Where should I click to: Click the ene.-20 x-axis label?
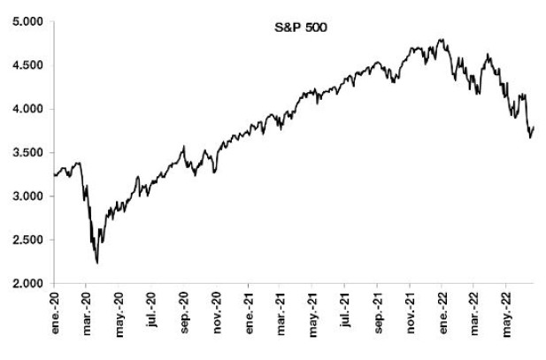[x=54, y=315]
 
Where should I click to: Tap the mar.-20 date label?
[x=87, y=315]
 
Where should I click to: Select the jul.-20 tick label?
[x=151, y=313]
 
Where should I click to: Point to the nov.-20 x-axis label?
[x=217, y=315]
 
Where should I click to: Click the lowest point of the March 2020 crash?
[x=96, y=263]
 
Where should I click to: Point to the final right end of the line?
[x=535, y=127]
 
